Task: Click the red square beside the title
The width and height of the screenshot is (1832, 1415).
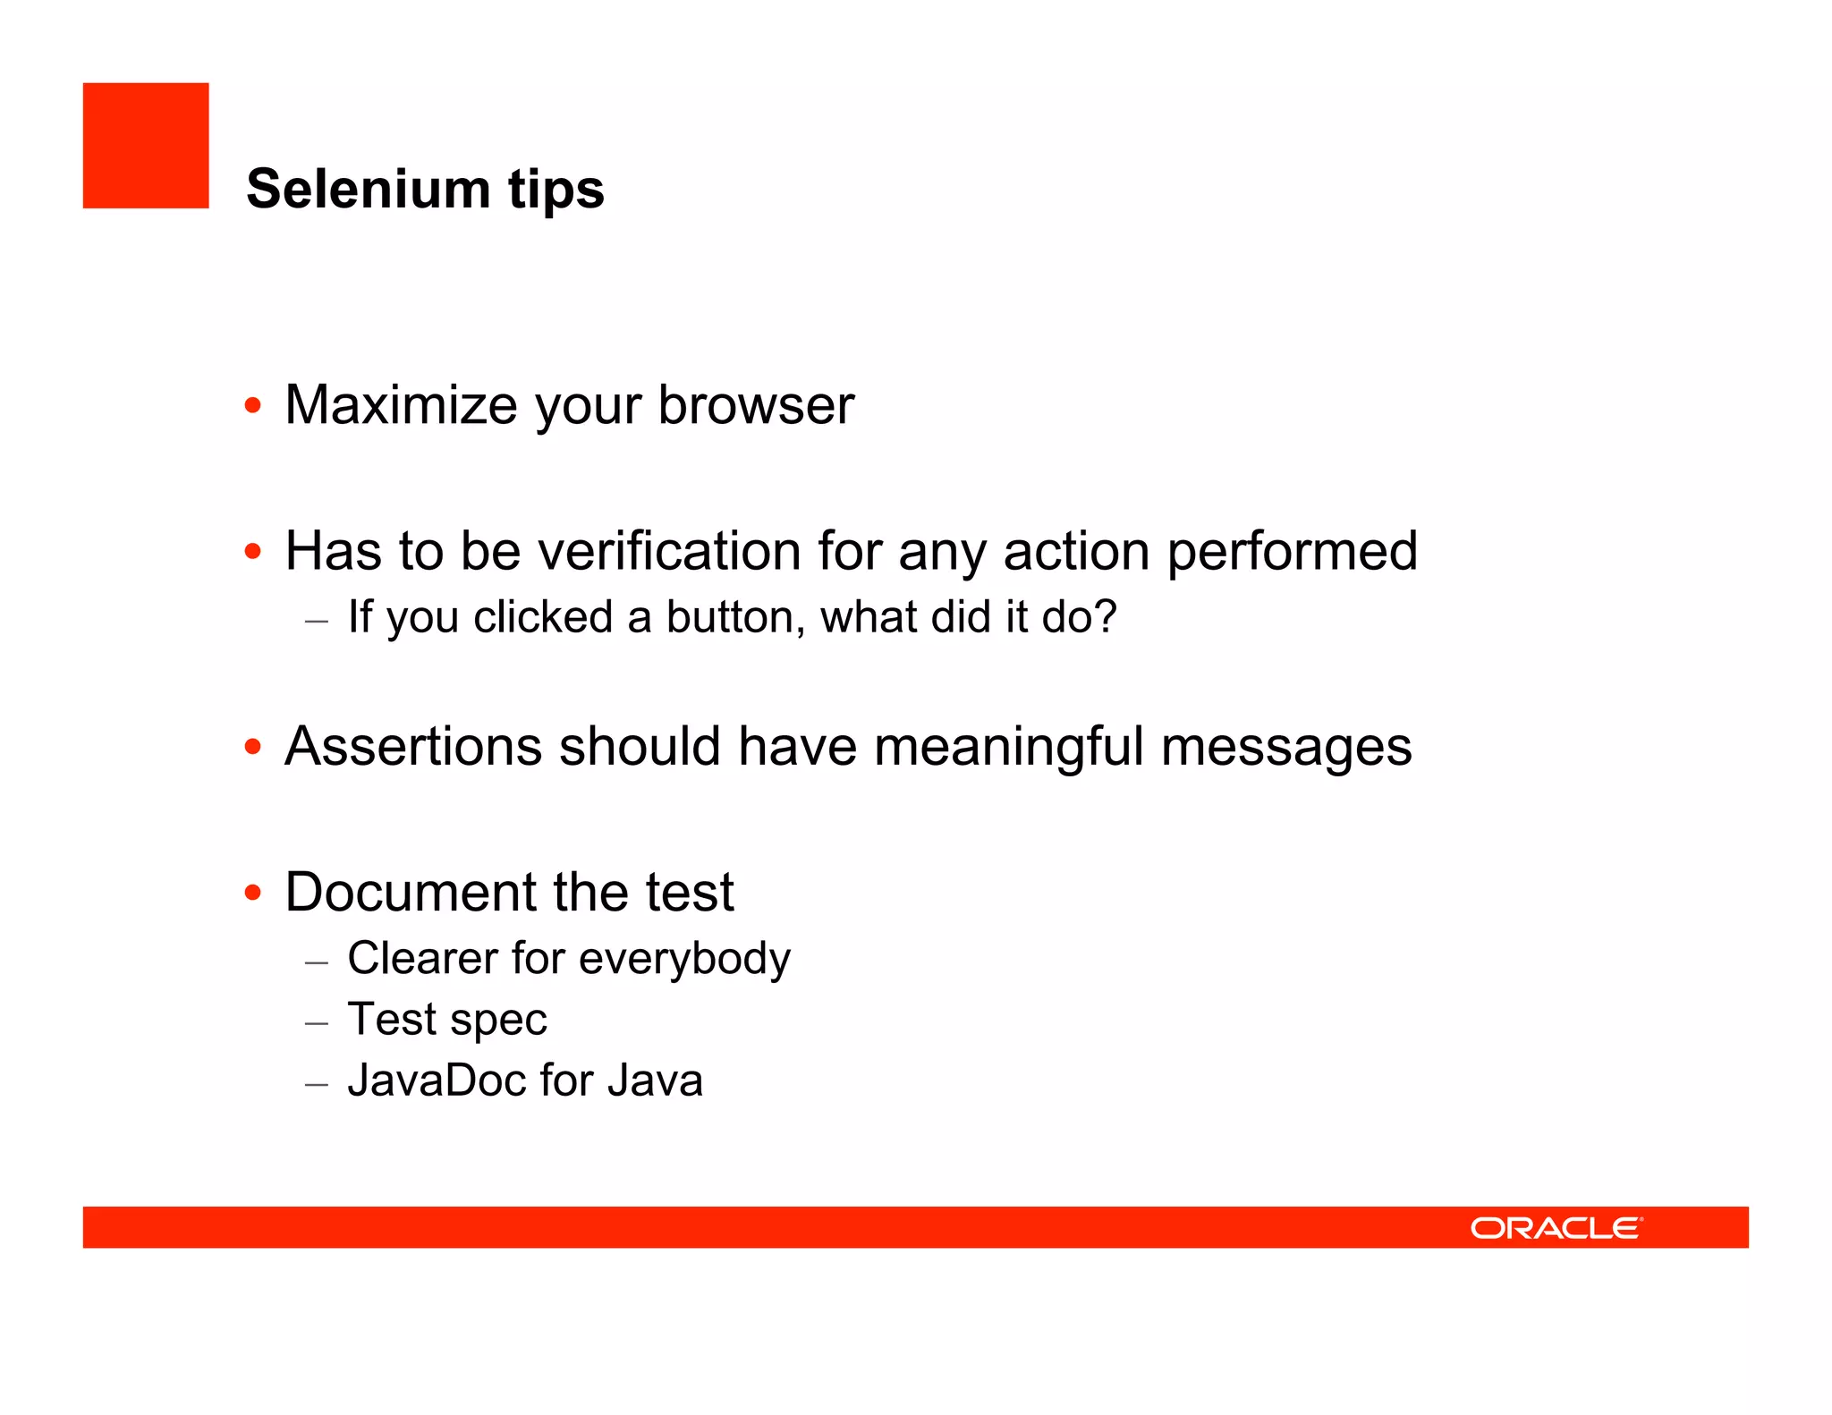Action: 146,146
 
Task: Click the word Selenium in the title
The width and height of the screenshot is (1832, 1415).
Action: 368,189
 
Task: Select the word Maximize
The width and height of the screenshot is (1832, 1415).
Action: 401,405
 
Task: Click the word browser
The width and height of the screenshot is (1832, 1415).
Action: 756,405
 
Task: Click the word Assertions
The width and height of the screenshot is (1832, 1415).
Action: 413,746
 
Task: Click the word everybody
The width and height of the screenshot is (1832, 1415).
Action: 684,960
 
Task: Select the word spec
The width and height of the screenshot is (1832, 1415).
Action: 499,1021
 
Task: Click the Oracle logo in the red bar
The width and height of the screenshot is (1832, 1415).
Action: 1556,1228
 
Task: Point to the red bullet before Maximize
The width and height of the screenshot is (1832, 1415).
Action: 253,406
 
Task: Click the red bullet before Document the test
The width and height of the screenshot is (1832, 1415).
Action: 253,893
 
